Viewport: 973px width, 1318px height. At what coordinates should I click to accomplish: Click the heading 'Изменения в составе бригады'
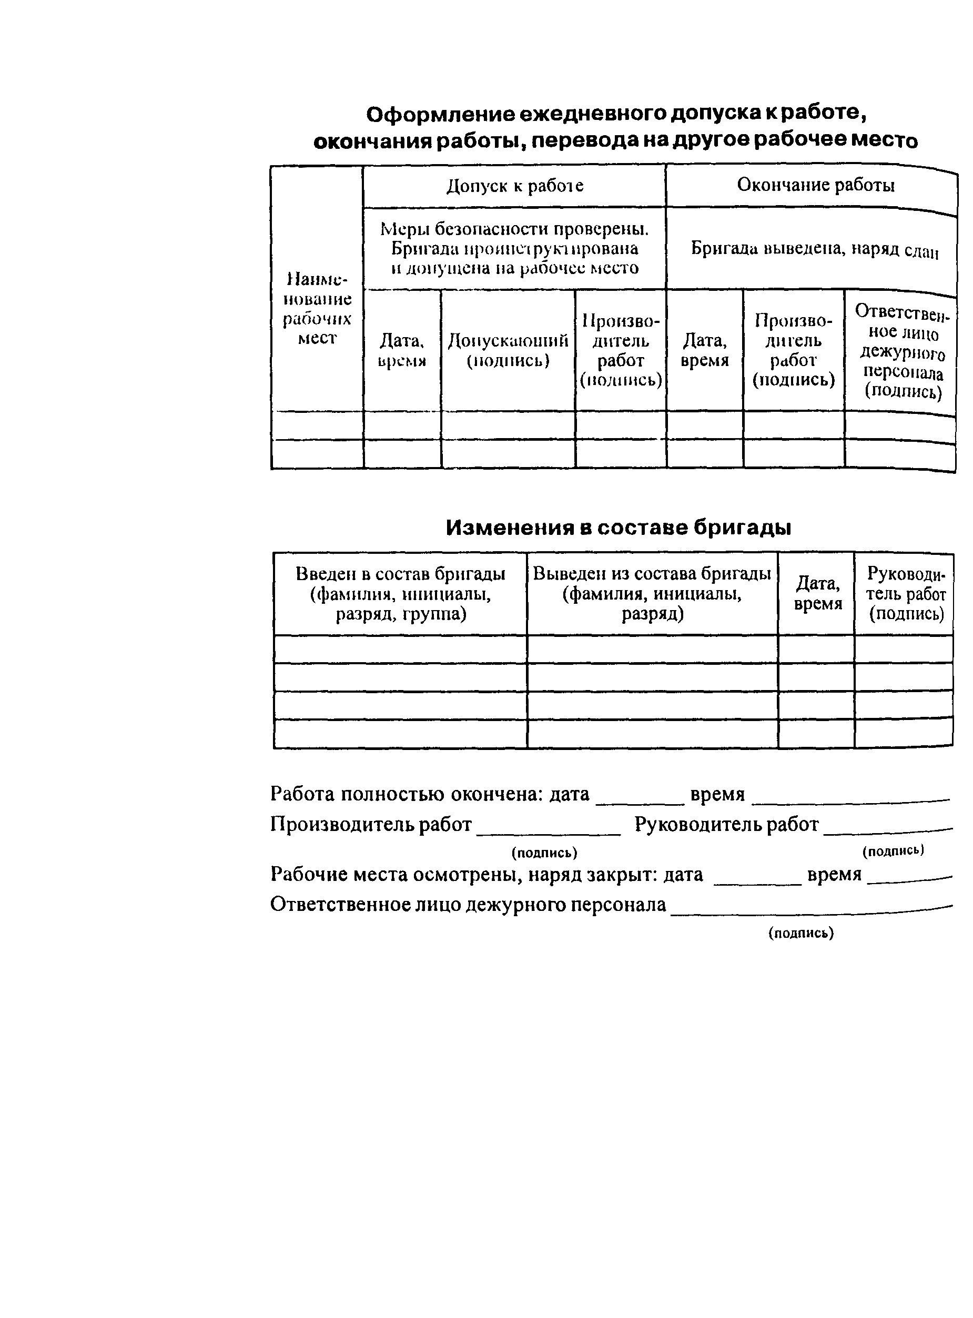click(x=618, y=528)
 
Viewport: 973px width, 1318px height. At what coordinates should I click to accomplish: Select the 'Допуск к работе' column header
click(x=514, y=186)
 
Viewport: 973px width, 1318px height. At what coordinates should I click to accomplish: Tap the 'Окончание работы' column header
click(x=815, y=185)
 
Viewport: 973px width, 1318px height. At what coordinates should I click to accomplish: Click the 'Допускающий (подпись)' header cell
click(x=508, y=350)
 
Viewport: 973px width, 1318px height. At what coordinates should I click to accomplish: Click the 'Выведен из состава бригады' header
click(x=652, y=594)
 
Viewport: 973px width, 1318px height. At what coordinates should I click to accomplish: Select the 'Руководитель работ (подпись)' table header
click(x=905, y=594)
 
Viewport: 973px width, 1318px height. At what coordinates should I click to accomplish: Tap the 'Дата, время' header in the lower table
click(x=817, y=594)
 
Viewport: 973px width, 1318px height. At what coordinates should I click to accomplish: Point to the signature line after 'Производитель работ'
click(x=548, y=831)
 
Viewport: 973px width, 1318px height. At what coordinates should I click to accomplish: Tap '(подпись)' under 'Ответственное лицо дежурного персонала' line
click(x=800, y=933)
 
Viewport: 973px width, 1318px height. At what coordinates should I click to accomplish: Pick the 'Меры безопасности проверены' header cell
click(x=514, y=249)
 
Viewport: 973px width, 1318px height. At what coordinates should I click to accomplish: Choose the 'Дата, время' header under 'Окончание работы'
click(x=704, y=350)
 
